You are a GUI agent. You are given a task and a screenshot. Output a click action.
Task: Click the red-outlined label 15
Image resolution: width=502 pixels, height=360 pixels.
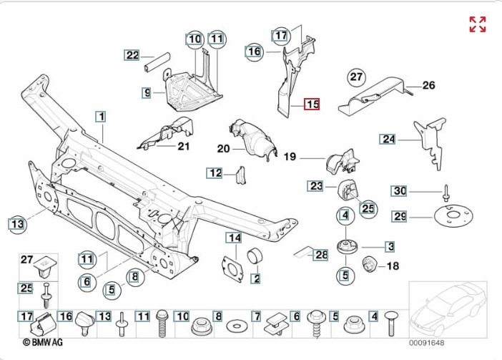312,104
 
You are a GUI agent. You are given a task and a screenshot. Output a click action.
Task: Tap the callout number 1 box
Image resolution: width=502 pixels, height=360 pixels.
102,116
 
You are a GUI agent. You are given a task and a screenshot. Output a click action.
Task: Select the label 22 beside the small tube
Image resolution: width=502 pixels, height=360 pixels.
132,55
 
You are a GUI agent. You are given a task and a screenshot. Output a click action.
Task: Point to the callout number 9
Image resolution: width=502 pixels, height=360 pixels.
147,92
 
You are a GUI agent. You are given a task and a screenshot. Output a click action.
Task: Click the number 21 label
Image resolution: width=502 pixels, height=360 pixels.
184,147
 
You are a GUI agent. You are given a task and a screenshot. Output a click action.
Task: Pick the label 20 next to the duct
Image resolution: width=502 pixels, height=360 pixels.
222,149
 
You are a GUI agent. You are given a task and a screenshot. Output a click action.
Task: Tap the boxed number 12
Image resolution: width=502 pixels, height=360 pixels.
215,172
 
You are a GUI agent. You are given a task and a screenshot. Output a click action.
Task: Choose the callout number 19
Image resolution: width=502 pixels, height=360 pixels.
290,156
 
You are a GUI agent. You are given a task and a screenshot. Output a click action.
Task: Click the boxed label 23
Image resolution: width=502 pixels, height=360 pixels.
316,186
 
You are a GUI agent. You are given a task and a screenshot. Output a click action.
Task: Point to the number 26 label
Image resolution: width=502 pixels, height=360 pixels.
428,86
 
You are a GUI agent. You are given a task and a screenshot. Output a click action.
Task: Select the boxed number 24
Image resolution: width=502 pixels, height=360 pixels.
388,140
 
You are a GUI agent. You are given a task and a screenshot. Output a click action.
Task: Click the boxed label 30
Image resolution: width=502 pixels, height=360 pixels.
400,190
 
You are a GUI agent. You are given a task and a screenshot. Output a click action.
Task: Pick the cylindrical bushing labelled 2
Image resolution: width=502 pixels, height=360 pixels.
255,258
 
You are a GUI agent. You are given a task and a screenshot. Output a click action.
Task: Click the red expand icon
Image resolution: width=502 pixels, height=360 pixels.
477,24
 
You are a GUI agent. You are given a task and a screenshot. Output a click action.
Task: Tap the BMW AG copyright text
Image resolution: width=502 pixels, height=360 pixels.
45,343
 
